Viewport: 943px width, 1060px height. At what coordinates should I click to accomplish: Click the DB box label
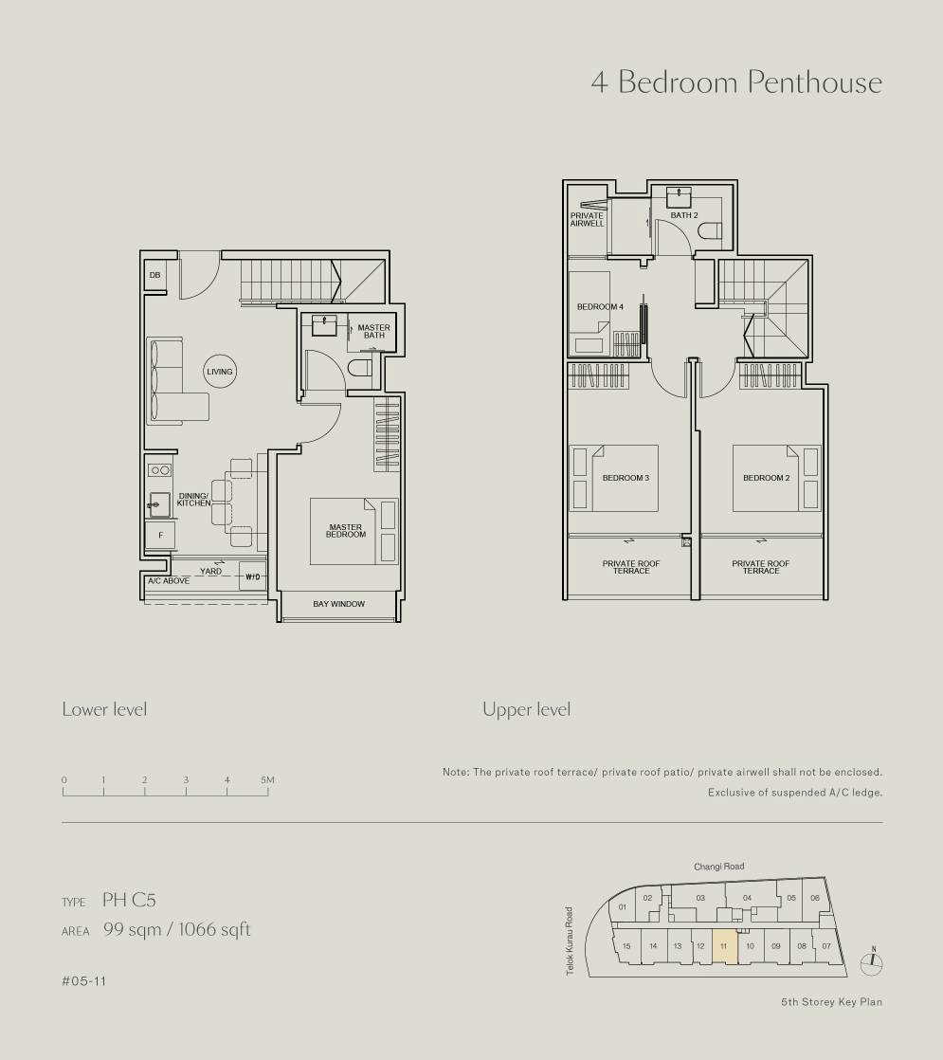(x=154, y=275)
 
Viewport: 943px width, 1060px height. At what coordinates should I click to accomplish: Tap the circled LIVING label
(x=219, y=371)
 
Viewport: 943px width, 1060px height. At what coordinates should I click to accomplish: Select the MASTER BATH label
(x=373, y=331)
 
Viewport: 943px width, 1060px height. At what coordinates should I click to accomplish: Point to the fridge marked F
(x=161, y=535)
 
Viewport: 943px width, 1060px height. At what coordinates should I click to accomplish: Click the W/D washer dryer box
(x=253, y=576)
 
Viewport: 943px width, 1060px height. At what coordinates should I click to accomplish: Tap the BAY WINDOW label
(x=338, y=604)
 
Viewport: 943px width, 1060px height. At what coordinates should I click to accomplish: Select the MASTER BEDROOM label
(x=345, y=531)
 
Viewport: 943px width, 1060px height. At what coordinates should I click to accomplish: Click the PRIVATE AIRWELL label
(x=587, y=219)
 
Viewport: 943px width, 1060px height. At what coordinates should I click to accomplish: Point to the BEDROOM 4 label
(x=600, y=307)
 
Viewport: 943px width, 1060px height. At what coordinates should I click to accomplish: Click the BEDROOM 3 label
(x=626, y=478)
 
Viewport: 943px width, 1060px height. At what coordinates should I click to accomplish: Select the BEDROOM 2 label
(x=766, y=478)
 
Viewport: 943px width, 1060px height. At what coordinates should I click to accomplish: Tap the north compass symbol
(x=873, y=962)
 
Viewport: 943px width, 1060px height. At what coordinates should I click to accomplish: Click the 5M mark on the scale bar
(x=267, y=780)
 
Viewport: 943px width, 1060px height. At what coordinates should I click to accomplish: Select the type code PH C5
(x=129, y=900)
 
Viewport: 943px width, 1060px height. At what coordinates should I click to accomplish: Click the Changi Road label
(x=718, y=866)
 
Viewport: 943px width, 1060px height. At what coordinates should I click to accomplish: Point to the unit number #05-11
(x=83, y=981)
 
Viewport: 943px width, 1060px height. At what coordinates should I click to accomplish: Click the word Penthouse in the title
(x=814, y=82)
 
